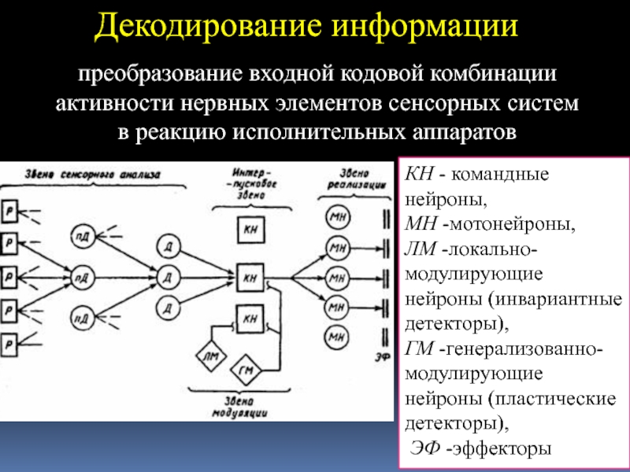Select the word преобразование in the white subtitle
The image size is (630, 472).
coord(157,78)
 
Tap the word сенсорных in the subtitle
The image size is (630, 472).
coord(456,104)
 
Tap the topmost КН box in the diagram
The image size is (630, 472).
coord(250,230)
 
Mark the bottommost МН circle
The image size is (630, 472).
coord(337,337)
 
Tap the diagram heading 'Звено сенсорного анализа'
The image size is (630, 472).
coord(92,175)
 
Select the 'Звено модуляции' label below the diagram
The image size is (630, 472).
coord(242,406)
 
